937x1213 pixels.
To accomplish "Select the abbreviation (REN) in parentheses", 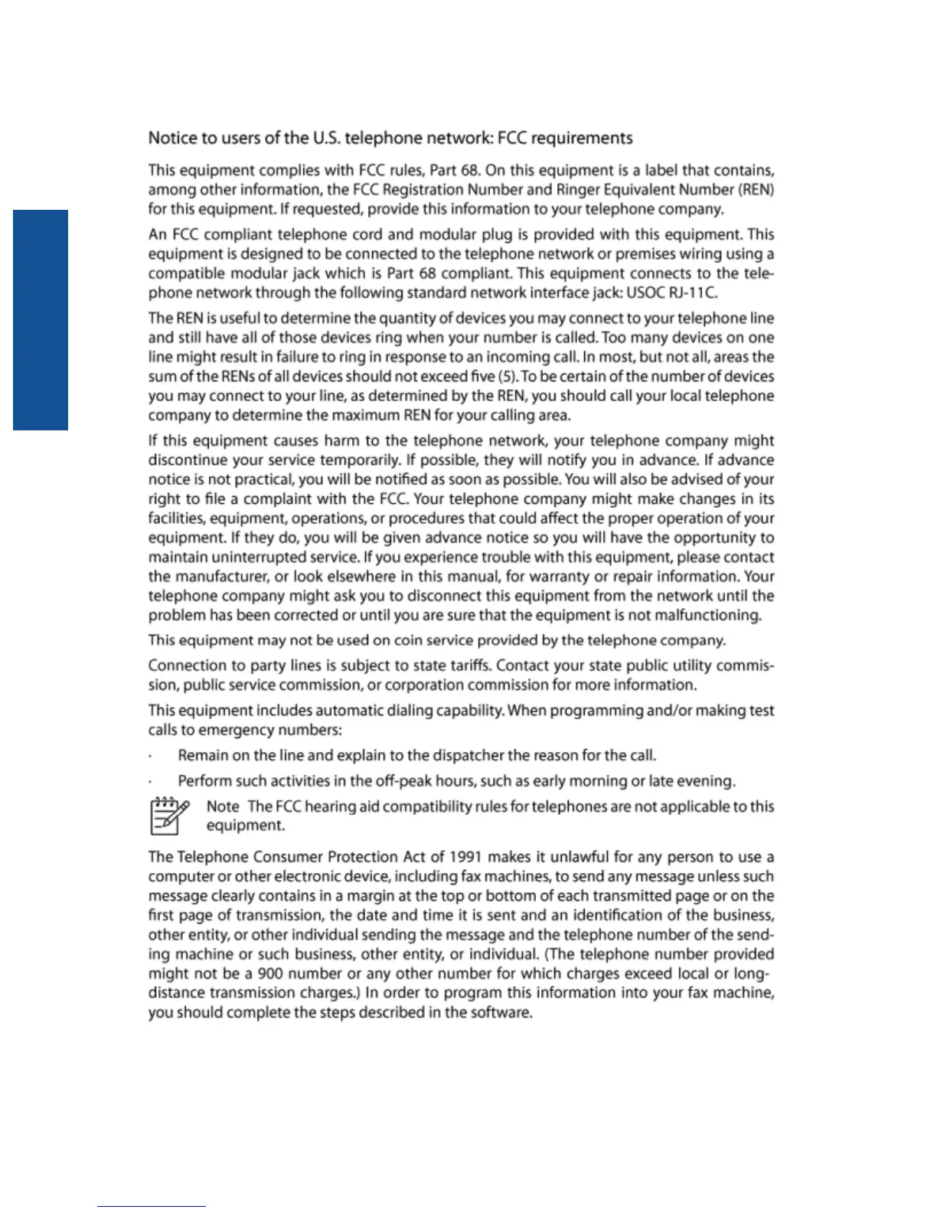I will coord(756,190).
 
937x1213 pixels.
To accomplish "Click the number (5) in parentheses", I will coord(507,377).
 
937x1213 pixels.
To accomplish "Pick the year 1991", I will coord(466,857).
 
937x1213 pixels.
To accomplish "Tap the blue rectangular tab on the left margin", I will coord(41,319).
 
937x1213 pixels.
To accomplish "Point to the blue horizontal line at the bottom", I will coord(152,1206).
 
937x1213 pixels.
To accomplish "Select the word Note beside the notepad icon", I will coord(223,806).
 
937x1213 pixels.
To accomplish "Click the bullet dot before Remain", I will coord(151,757).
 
